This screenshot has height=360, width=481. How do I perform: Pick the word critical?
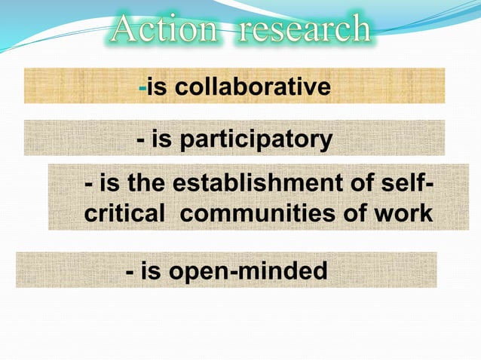(124, 213)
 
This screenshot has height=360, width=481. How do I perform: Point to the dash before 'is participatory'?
(141, 141)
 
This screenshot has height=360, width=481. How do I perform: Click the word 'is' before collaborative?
(157, 87)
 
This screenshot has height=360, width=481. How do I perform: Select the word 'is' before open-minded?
(152, 270)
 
